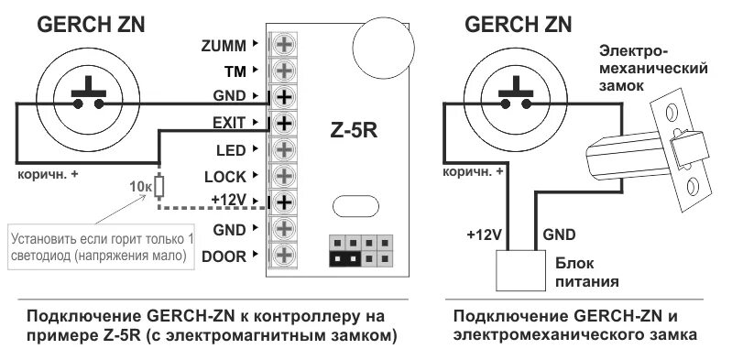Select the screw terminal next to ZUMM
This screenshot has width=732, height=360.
tap(284, 44)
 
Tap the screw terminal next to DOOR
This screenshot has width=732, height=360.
tap(284, 255)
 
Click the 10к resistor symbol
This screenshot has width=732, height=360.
tap(159, 187)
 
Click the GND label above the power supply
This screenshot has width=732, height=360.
tap(560, 234)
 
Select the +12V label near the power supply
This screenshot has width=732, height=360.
tap(485, 234)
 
